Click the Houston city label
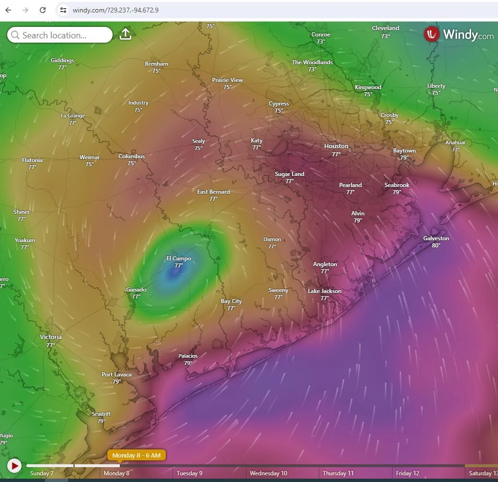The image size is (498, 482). tap(336, 146)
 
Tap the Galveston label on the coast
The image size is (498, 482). tap(436, 238)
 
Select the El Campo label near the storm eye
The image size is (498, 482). tap(179, 259)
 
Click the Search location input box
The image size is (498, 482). tap(60, 35)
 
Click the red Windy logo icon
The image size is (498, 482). tap(432, 34)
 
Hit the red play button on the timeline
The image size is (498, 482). tap(14, 465)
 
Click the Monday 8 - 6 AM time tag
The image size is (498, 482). tap(137, 455)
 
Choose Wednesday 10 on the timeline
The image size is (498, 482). tap(268, 473)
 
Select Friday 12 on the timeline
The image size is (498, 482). tap(407, 473)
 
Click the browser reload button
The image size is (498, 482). tap(43, 10)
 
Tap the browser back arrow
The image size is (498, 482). tap(8, 10)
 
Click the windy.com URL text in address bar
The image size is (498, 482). tap(116, 10)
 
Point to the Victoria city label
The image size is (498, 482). tap(50, 337)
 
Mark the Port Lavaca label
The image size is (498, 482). tap(116, 375)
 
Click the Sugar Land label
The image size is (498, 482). tap(290, 174)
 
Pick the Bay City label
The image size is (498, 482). tap(231, 301)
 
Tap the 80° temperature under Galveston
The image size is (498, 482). tap(436, 246)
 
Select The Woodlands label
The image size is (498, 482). tap(312, 62)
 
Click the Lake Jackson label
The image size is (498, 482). tap(324, 291)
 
